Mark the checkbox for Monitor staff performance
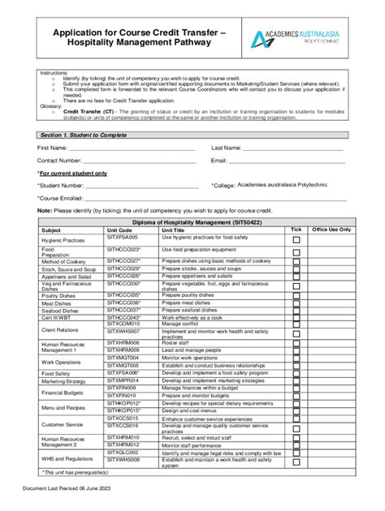(x=296, y=446)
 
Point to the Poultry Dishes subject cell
(x=58, y=295)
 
